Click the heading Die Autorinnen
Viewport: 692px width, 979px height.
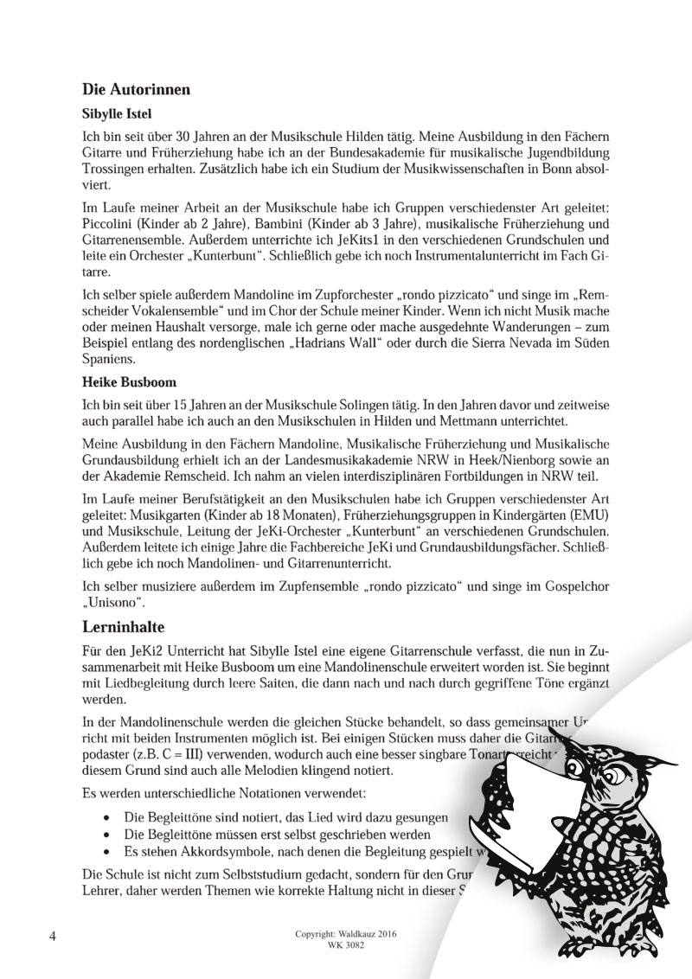point(136,89)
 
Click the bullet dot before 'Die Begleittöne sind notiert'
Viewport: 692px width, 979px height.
point(106,816)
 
